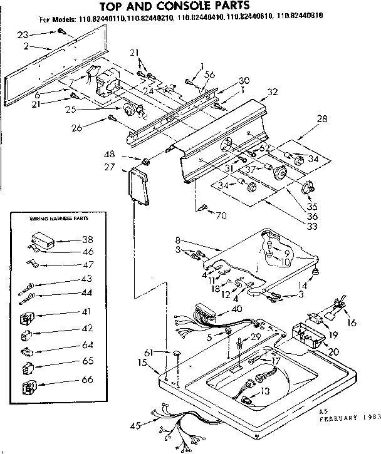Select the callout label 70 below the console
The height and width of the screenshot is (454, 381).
pos(221,217)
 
